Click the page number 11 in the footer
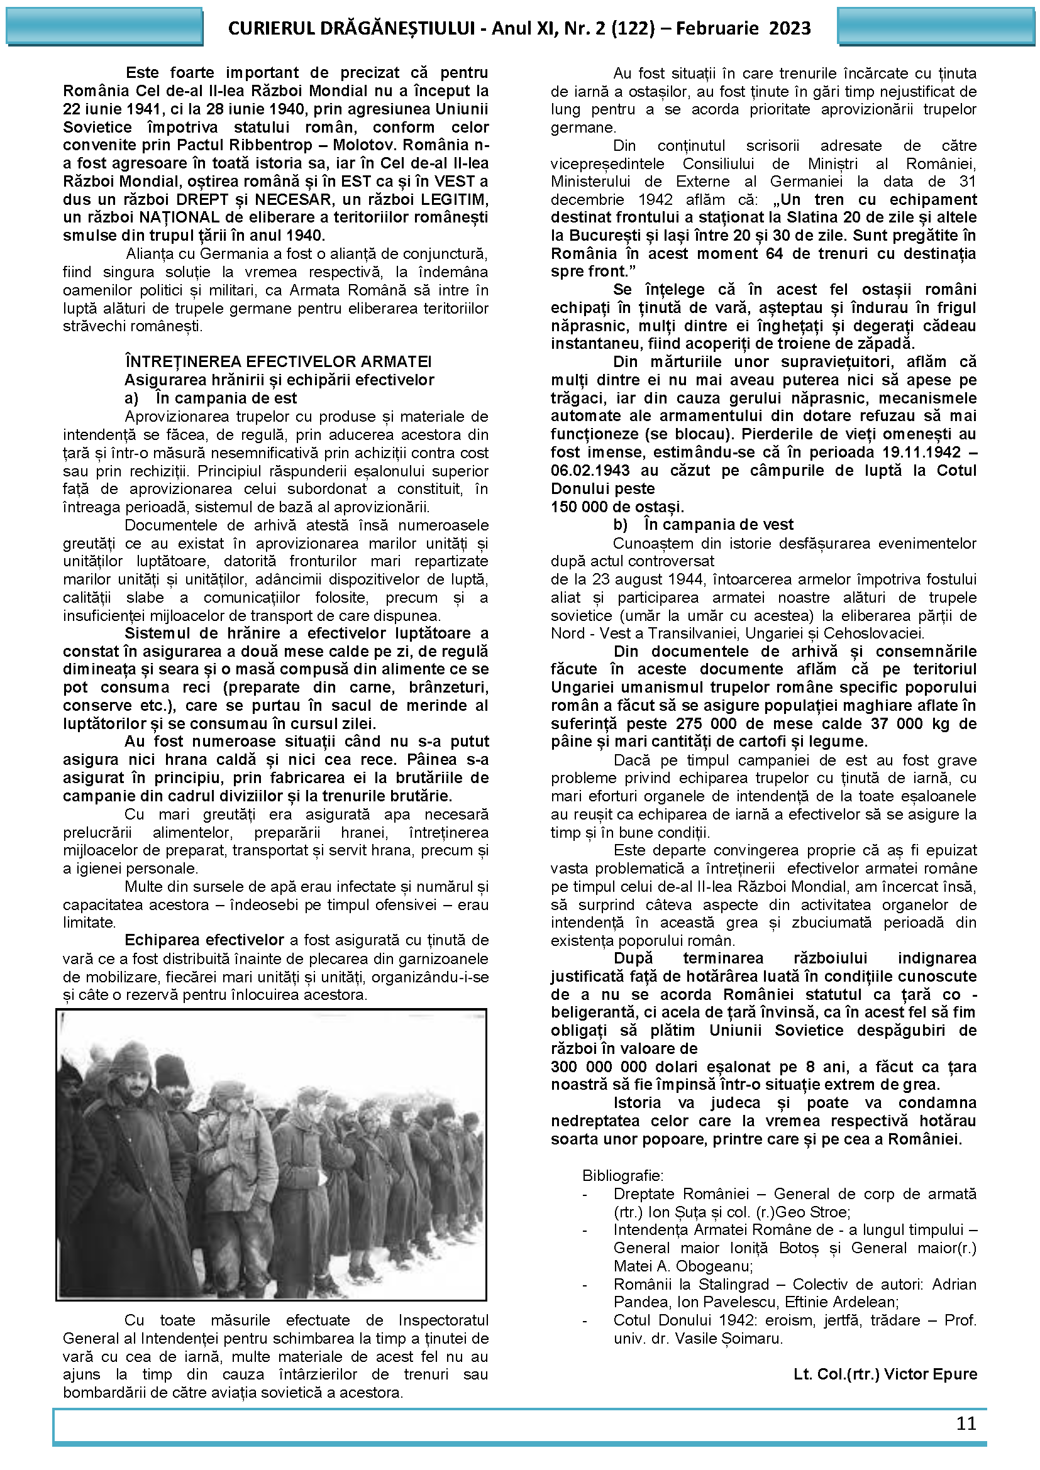(965, 1423)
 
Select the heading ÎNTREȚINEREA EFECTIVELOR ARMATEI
(278, 362)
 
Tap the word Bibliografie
(622, 1175)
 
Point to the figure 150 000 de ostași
(617, 507)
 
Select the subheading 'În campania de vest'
(718, 525)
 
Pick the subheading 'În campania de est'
(226, 398)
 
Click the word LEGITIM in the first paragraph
(455, 199)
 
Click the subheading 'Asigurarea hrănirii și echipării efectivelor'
(279, 380)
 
